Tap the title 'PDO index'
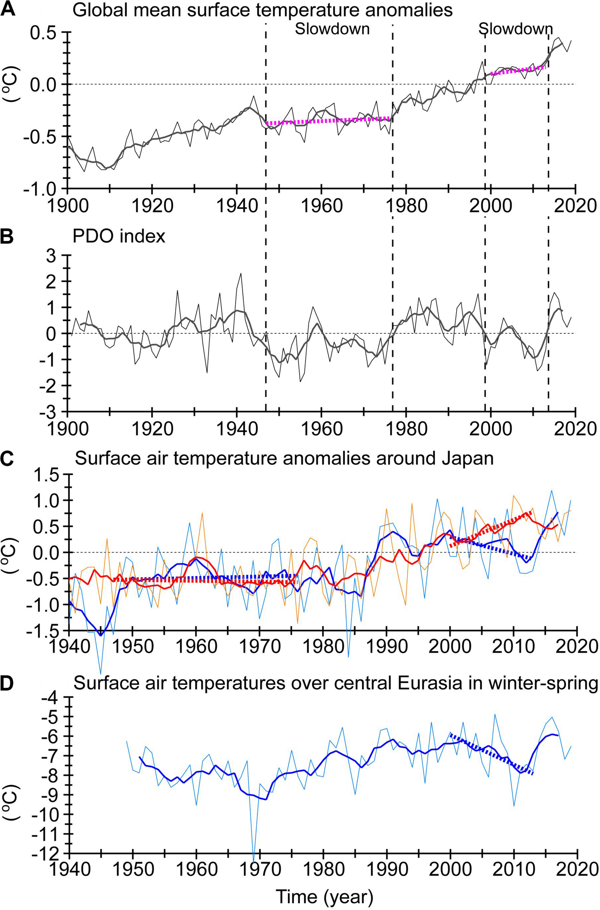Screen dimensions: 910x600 119,236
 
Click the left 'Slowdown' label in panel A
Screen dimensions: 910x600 332,29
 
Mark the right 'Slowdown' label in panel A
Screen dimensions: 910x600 516,29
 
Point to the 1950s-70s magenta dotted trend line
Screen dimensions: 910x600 329,120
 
